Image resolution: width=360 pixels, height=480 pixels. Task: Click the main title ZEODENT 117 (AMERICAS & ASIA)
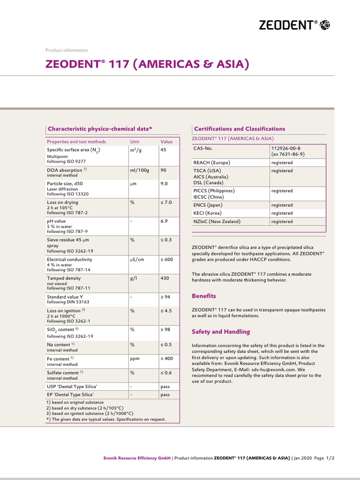tap(146, 64)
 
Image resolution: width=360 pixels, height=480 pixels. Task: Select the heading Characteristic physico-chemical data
tap(100, 128)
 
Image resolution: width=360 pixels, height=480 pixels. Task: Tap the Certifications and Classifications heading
tap(240, 128)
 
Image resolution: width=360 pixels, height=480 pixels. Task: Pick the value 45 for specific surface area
tap(164, 150)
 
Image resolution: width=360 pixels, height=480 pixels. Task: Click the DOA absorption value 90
tap(164, 170)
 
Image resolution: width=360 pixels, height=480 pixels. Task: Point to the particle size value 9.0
tap(164, 184)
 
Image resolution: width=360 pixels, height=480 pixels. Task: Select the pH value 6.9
tap(164, 220)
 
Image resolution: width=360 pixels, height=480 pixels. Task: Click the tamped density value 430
tap(165, 278)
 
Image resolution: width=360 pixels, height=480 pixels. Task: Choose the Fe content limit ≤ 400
tap(167, 359)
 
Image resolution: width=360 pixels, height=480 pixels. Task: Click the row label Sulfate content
tap(63, 373)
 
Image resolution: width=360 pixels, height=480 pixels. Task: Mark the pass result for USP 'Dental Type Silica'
tap(165, 387)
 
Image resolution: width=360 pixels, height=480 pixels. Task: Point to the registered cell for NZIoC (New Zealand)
tap(282, 221)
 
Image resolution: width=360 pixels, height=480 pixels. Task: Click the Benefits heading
tap(204, 296)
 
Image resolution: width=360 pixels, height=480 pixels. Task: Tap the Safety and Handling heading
tap(221, 331)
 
